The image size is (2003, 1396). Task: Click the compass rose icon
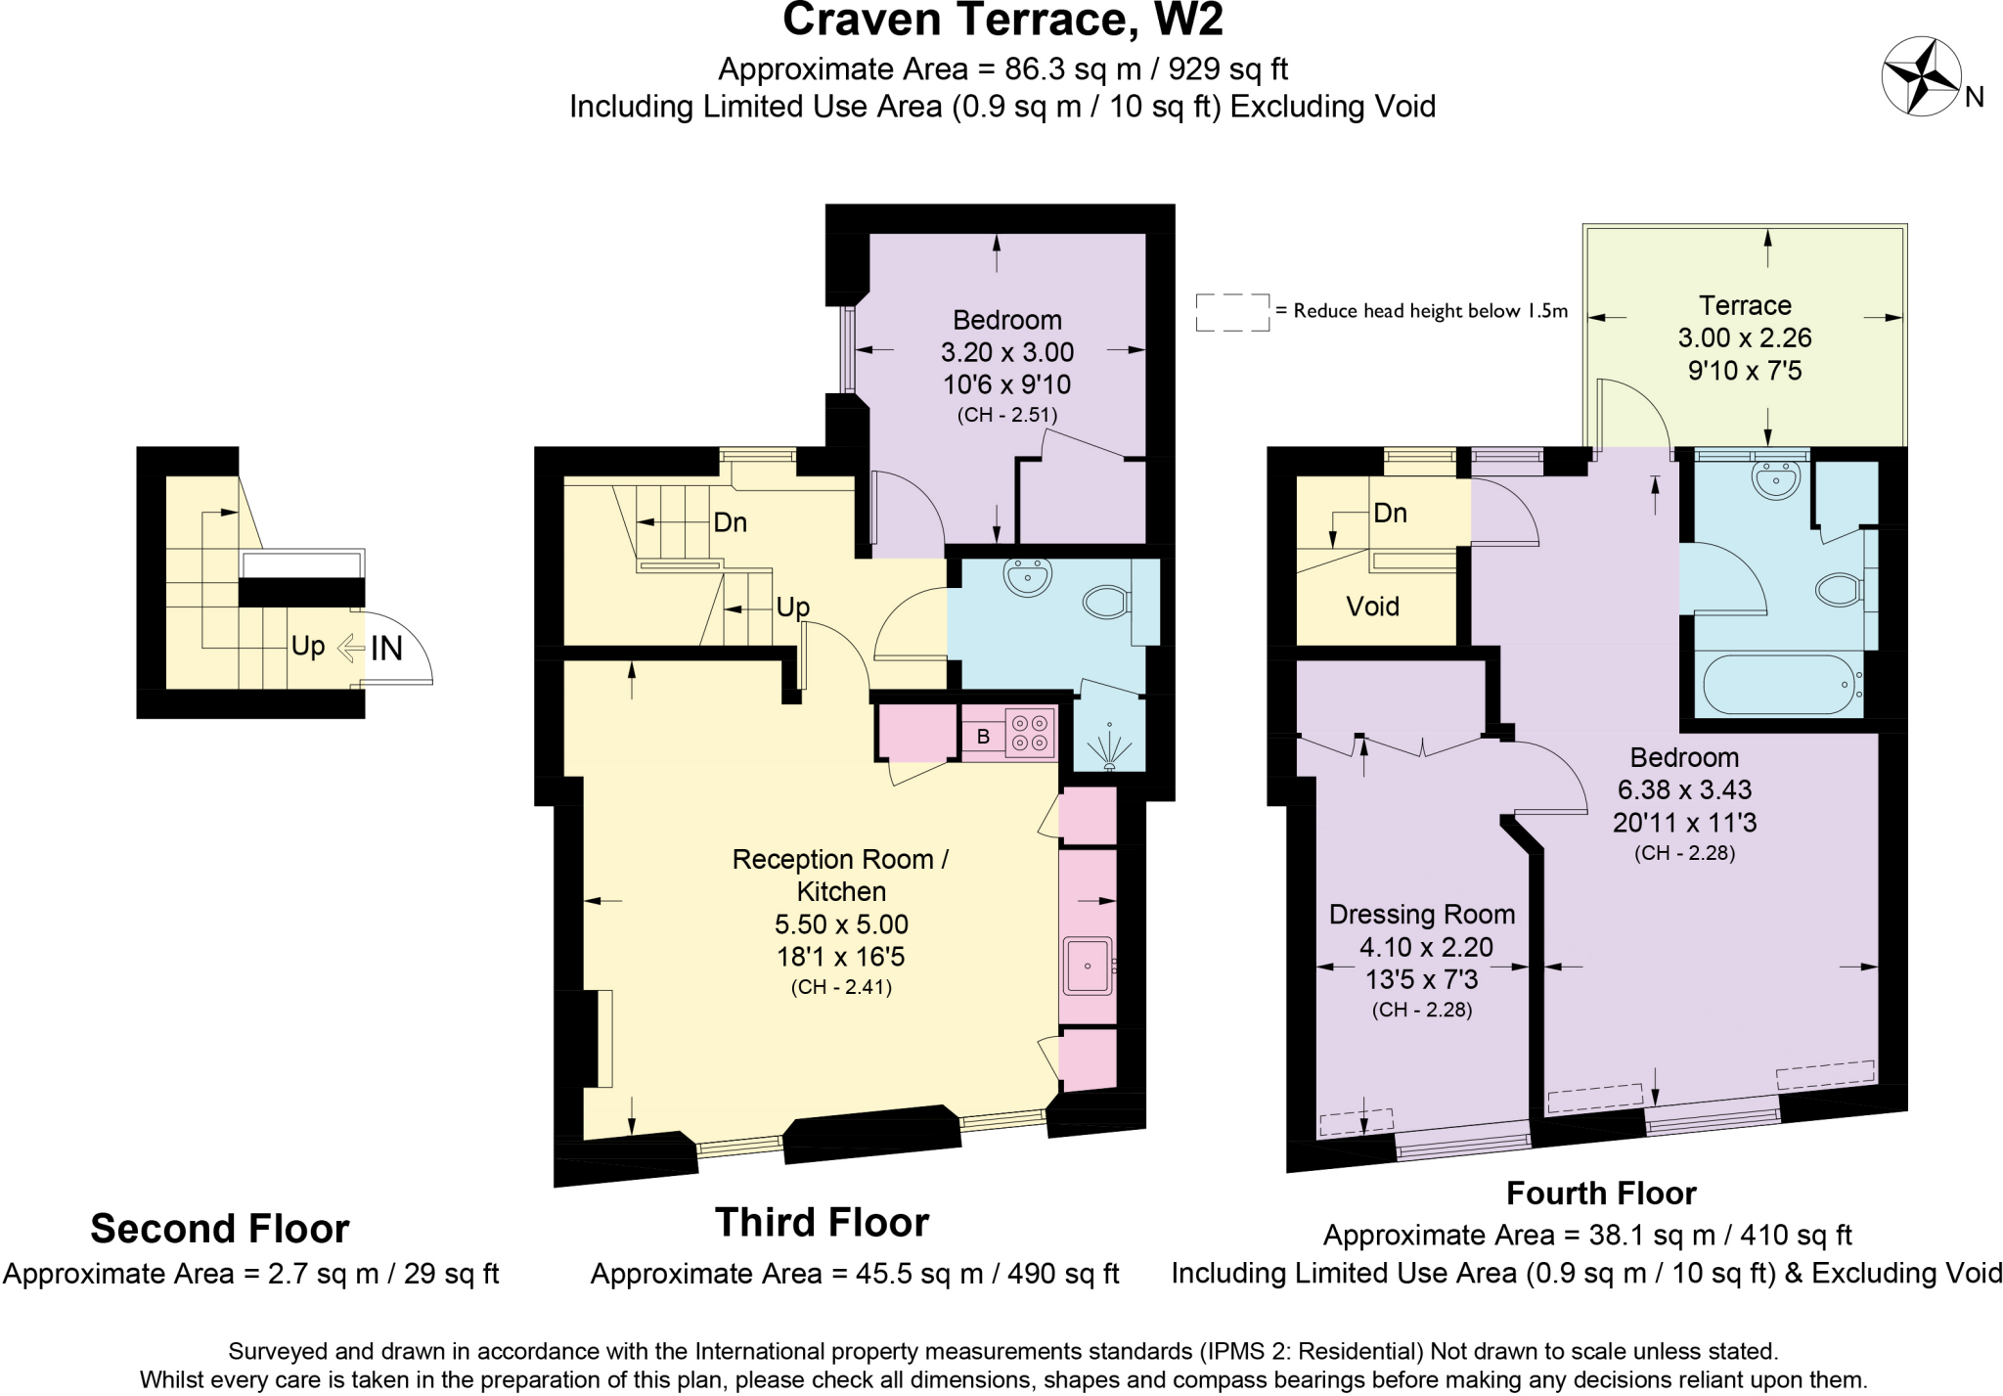click(x=1921, y=76)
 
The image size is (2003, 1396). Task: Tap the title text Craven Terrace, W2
click(x=1002, y=20)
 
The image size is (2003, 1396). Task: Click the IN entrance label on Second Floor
click(x=386, y=648)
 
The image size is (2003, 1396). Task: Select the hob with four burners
click(x=1030, y=733)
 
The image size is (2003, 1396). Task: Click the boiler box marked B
click(x=983, y=737)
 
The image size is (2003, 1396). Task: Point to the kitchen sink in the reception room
click(x=1088, y=966)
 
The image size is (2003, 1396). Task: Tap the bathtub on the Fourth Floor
click(x=1778, y=684)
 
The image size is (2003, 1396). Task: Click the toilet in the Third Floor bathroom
click(x=1107, y=602)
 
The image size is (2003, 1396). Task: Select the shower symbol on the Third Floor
click(x=1109, y=748)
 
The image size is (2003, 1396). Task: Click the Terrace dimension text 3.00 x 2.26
click(x=1744, y=338)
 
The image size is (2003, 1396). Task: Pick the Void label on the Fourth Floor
click(x=1372, y=607)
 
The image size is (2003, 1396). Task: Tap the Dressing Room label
click(x=1421, y=915)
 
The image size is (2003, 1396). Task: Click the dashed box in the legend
click(x=1231, y=312)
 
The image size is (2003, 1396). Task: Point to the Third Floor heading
click(x=822, y=1223)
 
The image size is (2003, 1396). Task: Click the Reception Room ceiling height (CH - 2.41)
click(x=841, y=987)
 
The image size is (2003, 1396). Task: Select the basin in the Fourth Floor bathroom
click(x=1776, y=480)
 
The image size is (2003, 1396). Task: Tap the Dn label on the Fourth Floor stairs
click(x=1390, y=513)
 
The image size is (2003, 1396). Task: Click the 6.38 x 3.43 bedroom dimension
click(x=1683, y=789)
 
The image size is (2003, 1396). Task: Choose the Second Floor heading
click(x=220, y=1229)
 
